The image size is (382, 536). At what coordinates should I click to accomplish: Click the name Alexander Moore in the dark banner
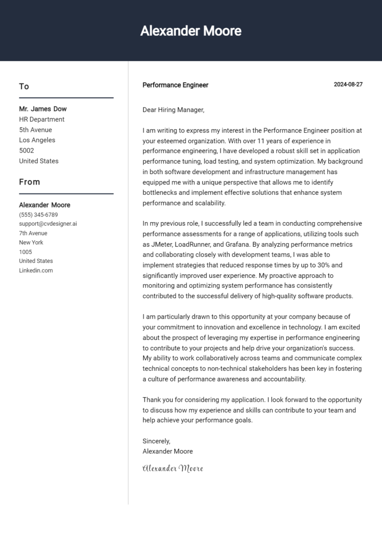(191, 31)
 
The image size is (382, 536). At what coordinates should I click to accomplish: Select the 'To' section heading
(24, 87)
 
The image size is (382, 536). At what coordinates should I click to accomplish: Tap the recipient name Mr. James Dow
(43, 109)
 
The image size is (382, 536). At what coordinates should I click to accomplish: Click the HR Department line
(42, 119)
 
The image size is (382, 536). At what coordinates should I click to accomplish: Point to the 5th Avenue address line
(35, 130)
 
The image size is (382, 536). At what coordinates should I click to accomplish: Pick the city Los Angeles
(37, 140)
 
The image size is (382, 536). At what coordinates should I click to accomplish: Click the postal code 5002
(26, 151)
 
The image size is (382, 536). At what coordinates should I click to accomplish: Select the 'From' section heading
(29, 182)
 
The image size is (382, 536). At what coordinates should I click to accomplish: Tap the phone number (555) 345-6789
(38, 215)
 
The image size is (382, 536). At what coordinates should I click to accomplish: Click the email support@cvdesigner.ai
(48, 224)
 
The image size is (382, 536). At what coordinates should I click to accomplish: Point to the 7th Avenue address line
(33, 233)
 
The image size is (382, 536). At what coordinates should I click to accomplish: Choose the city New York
(31, 243)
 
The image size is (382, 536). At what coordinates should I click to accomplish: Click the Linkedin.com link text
(36, 270)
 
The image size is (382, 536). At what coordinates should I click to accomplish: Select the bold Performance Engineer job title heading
(175, 85)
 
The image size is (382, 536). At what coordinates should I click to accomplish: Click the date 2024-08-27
(348, 85)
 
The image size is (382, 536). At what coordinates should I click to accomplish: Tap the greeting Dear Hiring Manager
(173, 110)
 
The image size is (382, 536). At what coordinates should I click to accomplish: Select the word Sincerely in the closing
(156, 441)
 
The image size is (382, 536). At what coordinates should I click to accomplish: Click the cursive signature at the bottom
(173, 468)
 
